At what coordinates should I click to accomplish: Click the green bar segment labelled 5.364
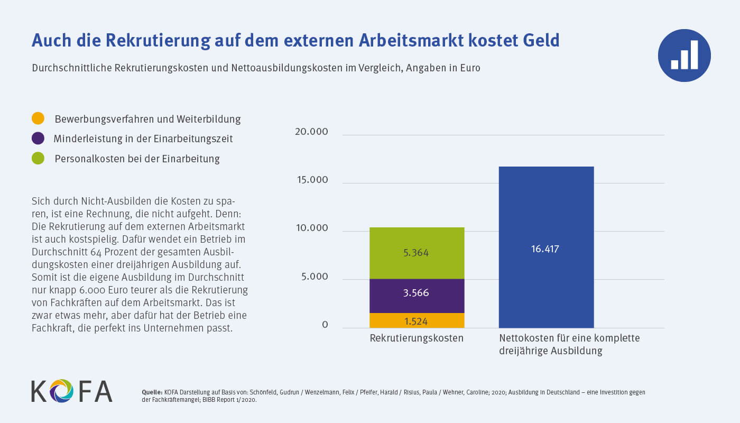[417, 253]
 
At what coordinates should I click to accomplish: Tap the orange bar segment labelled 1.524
[417, 320]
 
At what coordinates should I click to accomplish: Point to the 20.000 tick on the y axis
[311, 132]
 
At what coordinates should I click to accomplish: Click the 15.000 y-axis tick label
[311, 180]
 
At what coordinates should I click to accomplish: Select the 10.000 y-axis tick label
[311, 228]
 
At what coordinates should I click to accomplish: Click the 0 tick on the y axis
[325, 325]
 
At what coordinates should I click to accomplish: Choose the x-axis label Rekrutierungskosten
[417, 338]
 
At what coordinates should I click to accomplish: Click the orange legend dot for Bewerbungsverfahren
[38, 118]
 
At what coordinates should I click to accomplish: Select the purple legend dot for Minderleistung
[38, 139]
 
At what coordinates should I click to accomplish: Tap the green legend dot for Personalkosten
[38, 158]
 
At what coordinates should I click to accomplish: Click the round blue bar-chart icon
[684, 56]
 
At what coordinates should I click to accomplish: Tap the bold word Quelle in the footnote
[152, 392]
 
